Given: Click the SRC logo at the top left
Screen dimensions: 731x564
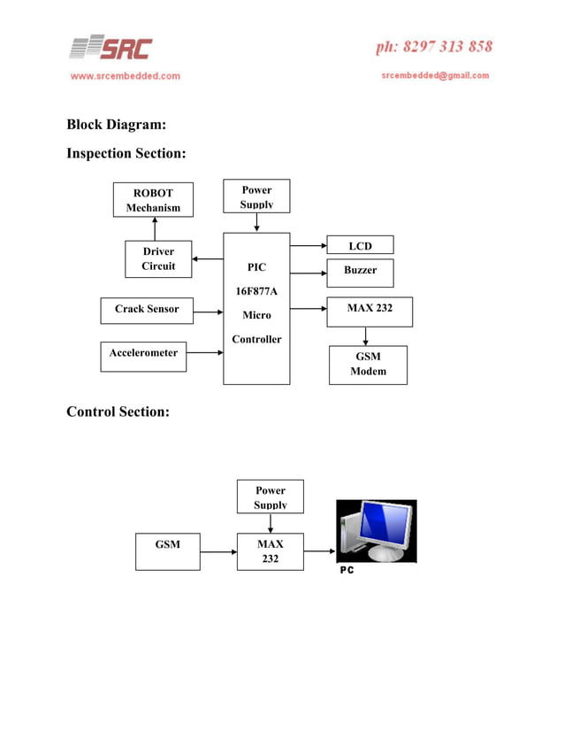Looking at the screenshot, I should (111, 48).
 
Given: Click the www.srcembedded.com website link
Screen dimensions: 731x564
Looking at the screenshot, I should (125, 76).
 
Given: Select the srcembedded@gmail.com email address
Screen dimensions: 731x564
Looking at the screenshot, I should (435, 76).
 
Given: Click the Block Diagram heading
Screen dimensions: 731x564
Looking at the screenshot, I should (116, 125).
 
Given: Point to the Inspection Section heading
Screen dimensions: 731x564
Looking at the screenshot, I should (126, 154).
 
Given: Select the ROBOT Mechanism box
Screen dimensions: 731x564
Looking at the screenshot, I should (153, 200).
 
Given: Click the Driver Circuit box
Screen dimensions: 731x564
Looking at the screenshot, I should (158, 259).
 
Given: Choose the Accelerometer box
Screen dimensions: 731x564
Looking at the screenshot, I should (143, 357).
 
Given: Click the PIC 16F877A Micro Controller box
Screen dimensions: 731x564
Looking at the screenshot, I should (256, 308).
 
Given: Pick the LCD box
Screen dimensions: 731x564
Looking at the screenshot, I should (360, 245).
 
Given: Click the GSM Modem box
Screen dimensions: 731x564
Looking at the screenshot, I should (368, 365).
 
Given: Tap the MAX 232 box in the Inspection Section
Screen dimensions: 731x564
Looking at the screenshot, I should (370, 311).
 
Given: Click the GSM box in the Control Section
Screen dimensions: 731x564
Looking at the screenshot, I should (168, 551).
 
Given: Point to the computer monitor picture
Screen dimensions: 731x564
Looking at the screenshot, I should (376, 531).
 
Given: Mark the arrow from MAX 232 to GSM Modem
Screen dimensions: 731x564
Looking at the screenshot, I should (366, 336).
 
